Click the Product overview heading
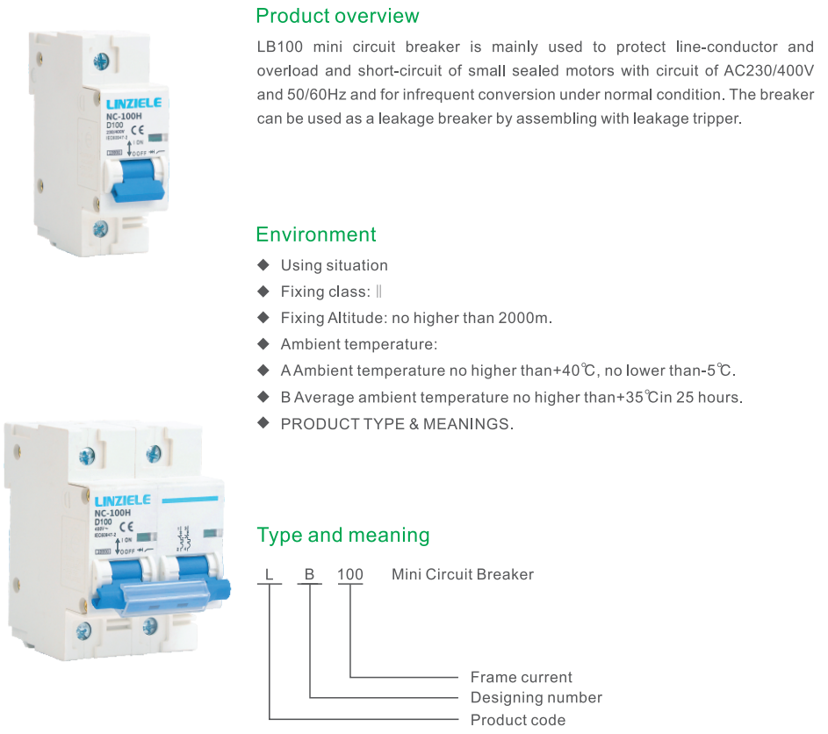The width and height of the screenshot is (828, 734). point(337,16)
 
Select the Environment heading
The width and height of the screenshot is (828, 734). point(315,234)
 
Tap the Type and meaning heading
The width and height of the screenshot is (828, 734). point(342,535)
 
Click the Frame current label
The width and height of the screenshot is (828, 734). point(521,677)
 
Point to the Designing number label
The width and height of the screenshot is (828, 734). point(536,698)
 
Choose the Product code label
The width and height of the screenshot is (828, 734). point(518,720)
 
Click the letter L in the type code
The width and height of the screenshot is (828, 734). point(270,575)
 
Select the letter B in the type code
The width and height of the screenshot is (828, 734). point(309,575)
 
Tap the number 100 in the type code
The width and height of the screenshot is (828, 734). point(350,575)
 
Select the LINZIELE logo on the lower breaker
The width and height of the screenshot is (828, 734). point(122,500)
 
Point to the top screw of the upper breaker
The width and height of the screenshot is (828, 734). point(100,61)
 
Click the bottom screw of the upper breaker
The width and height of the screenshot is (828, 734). point(100,230)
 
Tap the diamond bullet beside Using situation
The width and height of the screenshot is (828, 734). point(263,264)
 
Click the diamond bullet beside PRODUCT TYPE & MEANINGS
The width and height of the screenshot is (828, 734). point(263,423)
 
